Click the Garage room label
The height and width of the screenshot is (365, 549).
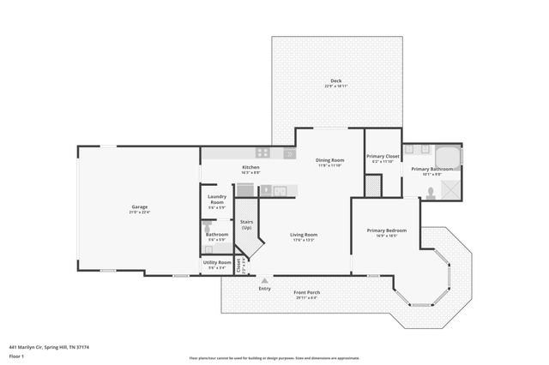point(140,206)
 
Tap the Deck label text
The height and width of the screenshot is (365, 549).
point(335,81)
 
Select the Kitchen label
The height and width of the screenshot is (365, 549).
point(250,167)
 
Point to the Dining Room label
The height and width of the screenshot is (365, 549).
point(330,160)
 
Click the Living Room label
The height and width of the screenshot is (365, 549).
point(304,235)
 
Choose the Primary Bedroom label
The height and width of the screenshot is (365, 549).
point(386,230)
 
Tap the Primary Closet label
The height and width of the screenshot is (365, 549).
point(383,156)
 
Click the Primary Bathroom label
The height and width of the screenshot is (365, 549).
point(431,169)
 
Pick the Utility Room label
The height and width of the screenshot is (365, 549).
point(217,262)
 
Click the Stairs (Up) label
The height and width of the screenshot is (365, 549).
point(247,224)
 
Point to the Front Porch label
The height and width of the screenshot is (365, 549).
point(307,293)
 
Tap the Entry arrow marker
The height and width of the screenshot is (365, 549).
point(264,280)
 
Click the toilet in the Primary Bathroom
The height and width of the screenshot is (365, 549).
point(431,194)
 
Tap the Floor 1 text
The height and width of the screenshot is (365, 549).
point(17,355)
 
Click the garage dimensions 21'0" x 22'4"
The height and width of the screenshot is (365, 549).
point(140,212)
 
